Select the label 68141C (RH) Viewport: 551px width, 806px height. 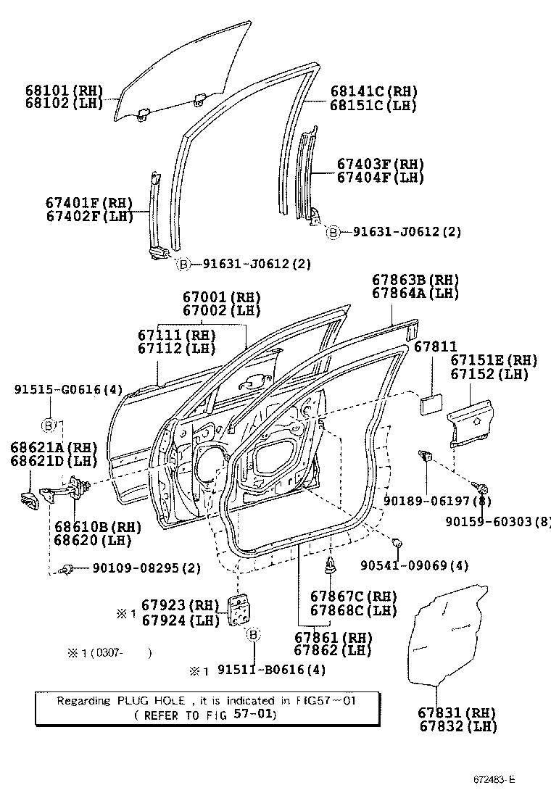pyautogui.click(x=373, y=92)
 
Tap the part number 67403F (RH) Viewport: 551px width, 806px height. pyautogui.click(x=380, y=165)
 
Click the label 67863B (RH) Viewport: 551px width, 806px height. pyautogui.click(x=416, y=280)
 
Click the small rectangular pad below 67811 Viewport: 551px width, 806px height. pyautogui.click(x=432, y=403)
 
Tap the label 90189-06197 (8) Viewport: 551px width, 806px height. pyautogui.click(x=428, y=501)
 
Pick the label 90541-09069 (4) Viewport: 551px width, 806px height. pyautogui.click(x=449, y=565)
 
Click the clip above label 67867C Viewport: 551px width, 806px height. pyautogui.click(x=331, y=566)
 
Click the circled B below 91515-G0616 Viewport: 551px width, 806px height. pyautogui.click(x=49, y=424)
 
